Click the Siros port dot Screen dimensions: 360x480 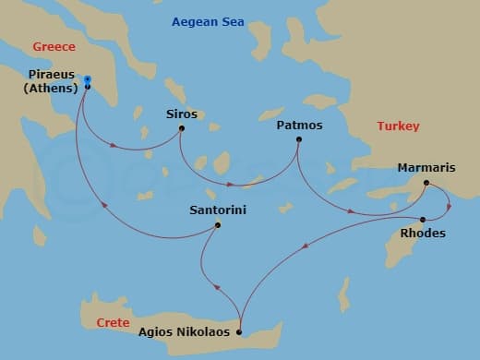(x=181, y=127)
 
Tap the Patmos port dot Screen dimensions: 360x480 (x=298, y=139)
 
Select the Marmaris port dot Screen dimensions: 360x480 (x=426, y=183)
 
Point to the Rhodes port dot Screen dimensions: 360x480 (x=422, y=219)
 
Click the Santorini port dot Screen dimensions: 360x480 (x=218, y=225)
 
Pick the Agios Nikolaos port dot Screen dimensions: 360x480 (x=239, y=332)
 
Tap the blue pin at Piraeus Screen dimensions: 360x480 (x=86, y=80)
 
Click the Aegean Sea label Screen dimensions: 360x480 (x=209, y=20)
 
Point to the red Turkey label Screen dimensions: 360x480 (x=398, y=126)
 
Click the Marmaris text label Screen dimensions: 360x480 (x=426, y=168)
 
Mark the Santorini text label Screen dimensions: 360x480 (x=217, y=210)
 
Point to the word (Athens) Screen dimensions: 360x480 (x=51, y=90)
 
